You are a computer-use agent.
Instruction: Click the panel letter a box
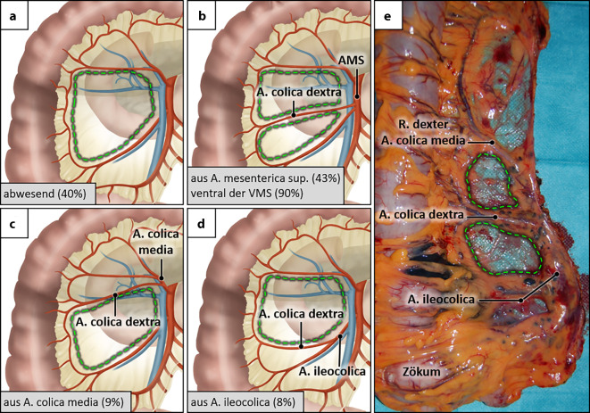[x=13, y=13]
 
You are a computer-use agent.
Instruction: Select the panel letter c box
[x=13, y=221]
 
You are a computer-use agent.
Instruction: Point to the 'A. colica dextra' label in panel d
[x=300, y=314]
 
